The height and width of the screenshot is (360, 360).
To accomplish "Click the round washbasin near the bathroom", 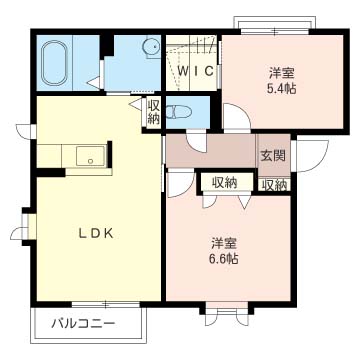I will [150, 47].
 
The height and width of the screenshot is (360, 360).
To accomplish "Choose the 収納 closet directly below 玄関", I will [274, 184].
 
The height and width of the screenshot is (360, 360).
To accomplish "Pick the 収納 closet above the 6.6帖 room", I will [224, 182].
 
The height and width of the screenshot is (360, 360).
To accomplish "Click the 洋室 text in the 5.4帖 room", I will [281, 72].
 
